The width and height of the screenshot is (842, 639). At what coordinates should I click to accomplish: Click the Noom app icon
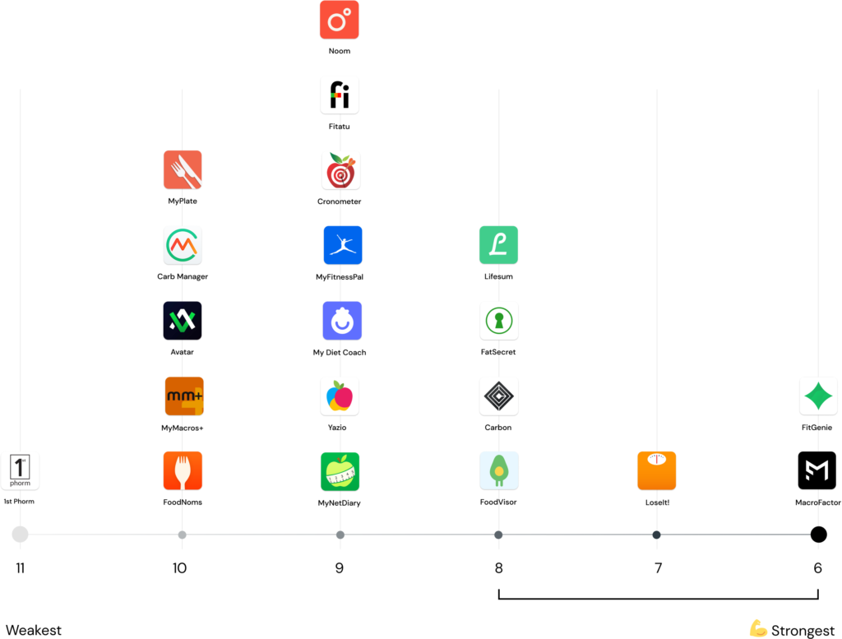click(340, 20)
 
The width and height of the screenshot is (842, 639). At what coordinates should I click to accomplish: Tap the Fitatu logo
click(340, 95)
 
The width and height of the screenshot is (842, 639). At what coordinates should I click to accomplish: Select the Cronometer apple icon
click(340, 170)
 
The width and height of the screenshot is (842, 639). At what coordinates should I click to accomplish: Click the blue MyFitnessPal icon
click(343, 245)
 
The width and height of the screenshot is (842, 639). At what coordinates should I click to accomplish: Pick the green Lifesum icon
click(498, 245)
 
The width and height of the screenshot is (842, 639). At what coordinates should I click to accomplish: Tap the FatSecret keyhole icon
click(499, 321)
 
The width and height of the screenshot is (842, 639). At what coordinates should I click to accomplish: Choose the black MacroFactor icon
click(817, 470)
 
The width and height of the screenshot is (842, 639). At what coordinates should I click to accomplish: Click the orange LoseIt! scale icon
click(657, 471)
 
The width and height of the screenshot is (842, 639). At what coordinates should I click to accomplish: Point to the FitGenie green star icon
click(818, 396)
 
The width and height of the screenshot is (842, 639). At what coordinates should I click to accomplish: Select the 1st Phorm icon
click(20, 471)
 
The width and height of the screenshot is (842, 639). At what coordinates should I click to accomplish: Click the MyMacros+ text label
click(183, 428)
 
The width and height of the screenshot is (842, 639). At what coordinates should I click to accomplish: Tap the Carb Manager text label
click(183, 276)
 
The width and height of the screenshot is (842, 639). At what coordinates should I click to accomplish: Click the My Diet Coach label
click(340, 352)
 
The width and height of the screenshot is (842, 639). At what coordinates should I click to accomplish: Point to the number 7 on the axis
click(658, 568)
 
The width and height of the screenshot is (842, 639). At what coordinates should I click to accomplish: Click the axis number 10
click(179, 568)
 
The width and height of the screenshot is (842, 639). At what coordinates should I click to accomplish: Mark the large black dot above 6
click(818, 535)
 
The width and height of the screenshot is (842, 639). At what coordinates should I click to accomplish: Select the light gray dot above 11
click(20, 535)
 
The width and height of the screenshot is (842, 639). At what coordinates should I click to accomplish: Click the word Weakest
click(33, 630)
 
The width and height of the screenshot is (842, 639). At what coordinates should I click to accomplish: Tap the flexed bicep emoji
click(757, 628)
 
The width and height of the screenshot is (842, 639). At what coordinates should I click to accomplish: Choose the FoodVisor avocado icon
click(499, 471)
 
